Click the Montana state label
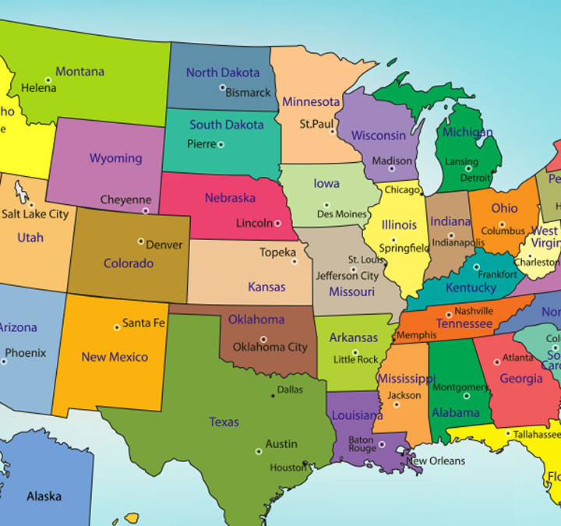(x=79, y=72)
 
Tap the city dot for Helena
(x=48, y=79)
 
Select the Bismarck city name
(x=248, y=93)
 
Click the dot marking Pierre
(x=221, y=144)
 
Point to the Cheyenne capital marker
(x=145, y=210)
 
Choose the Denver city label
(x=164, y=245)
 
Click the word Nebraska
(x=230, y=198)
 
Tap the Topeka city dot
(x=295, y=262)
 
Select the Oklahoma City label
(x=270, y=347)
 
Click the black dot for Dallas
(x=273, y=396)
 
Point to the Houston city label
(x=288, y=468)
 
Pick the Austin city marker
(x=258, y=451)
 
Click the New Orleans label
(x=436, y=461)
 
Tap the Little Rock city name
(x=355, y=360)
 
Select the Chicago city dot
(x=422, y=190)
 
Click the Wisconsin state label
(x=378, y=135)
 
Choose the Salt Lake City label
(x=35, y=214)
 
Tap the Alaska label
(x=44, y=496)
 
